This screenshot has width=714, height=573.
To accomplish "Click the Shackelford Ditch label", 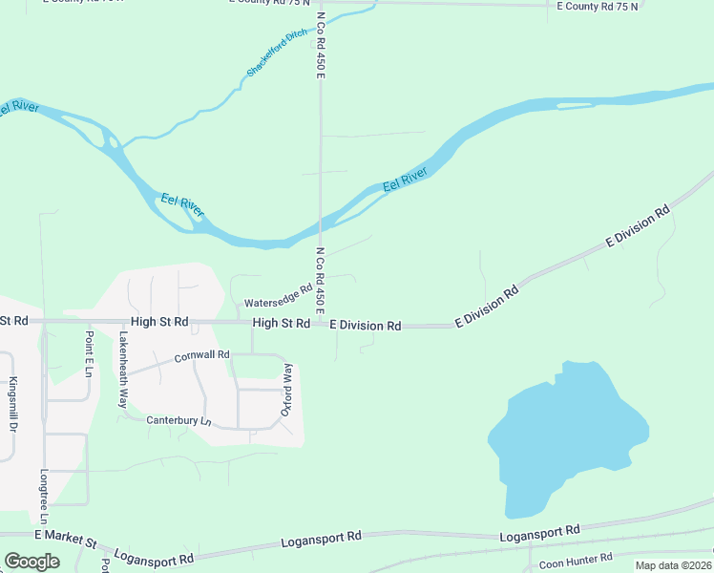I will (278, 53).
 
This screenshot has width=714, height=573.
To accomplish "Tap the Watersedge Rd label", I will (279, 294).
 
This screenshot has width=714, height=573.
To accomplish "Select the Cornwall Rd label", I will (202, 357).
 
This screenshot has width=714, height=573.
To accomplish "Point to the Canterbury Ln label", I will (178, 420).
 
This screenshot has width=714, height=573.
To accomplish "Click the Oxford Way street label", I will (284, 389).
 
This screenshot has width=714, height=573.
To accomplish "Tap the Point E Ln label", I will (89, 352).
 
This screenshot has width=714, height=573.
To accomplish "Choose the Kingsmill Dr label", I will (13, 402).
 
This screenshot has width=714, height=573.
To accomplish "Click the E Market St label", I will (66, 541).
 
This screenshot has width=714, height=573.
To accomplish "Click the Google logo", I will (31, 562).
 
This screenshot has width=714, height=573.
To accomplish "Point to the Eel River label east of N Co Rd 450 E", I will (405, 179).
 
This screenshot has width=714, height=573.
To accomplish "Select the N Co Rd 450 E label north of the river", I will (322, 57).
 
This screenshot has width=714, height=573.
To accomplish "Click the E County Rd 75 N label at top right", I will (598, 6).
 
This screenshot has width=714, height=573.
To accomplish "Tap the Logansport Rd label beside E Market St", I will (154, 556).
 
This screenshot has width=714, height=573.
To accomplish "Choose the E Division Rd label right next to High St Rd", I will (365, 326).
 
